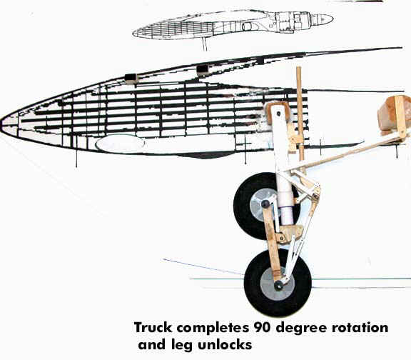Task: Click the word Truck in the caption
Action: coord(153,328)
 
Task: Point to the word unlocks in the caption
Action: coord(225,345)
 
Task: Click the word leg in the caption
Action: coord(182,346)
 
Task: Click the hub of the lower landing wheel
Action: coord(278,284)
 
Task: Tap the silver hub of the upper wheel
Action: coord(262,205)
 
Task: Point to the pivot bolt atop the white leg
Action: coord(278,114)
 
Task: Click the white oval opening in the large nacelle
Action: coord(121,144)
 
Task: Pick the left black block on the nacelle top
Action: coord(131,78)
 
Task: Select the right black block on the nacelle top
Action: coord(203,70)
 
